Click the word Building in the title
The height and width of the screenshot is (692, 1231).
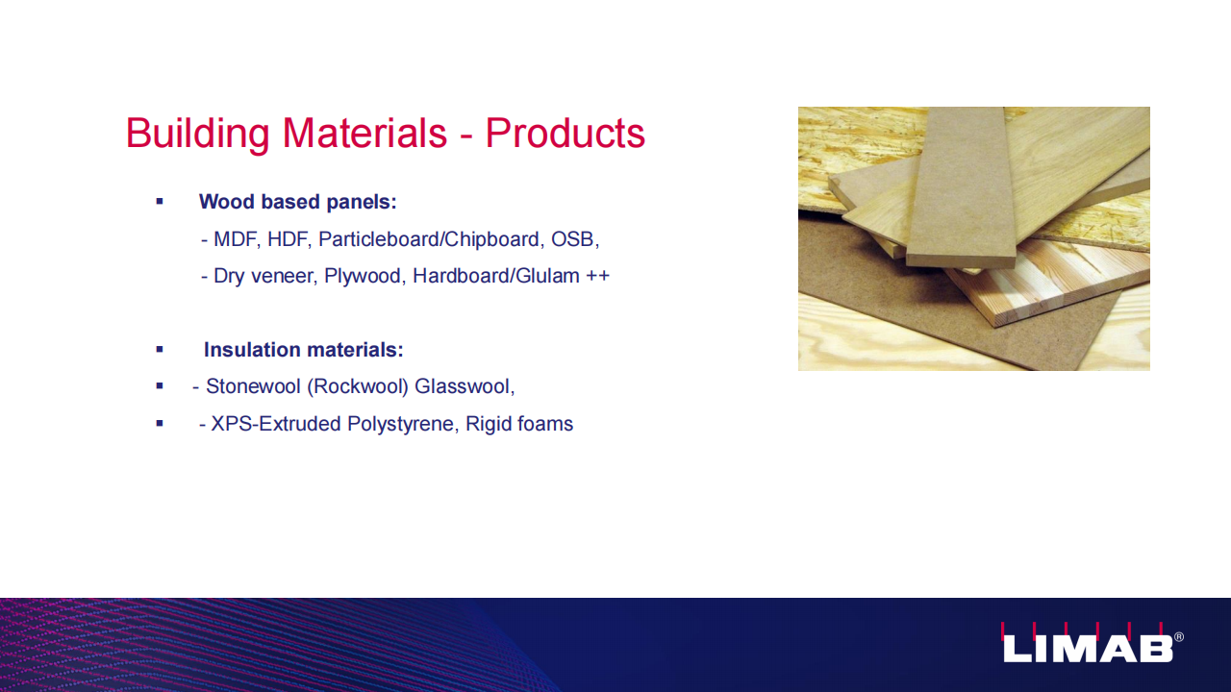[198, 134]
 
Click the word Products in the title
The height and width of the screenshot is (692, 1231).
[565, 133]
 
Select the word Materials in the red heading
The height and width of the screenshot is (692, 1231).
[364, 133]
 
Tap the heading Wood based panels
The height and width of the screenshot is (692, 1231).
[298, 202]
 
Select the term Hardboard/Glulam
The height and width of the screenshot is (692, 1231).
[496, 276]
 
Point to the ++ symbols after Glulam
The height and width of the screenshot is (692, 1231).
[598, 276]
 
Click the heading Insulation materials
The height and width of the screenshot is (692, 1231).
[303, 350]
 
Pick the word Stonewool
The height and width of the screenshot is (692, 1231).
[253, 386]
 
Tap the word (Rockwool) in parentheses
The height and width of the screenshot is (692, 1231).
[358, 387]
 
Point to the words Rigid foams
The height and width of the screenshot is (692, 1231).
[519, 424]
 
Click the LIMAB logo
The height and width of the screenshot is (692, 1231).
[1089, 644]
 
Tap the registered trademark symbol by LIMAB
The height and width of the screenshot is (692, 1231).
[1179, 637]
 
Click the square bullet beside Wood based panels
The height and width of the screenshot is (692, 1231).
[160, 202]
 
